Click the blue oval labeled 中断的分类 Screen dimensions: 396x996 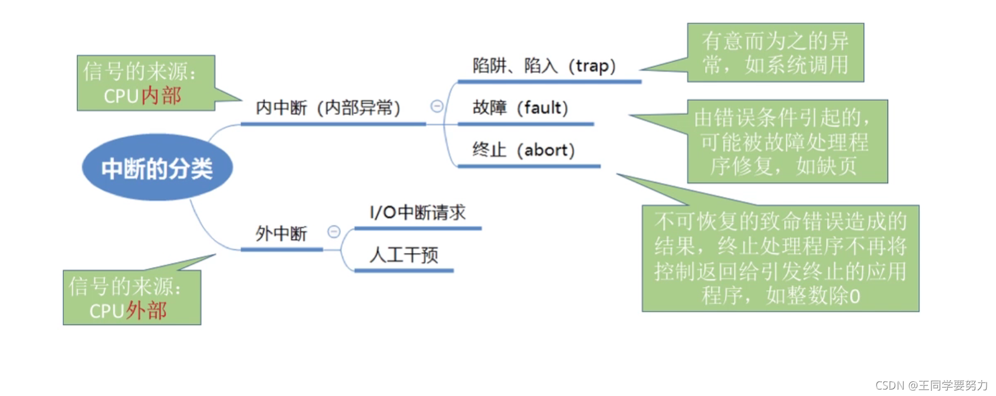(x=157, y=168)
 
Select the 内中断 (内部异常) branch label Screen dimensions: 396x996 (x=328, y=108)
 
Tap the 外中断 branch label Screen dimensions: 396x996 (x=281, y=233)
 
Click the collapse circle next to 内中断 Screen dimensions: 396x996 (x=437, y=106)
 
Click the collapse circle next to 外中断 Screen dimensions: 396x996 (x=334, y=232)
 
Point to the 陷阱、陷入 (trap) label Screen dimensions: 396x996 (x=544, y=66)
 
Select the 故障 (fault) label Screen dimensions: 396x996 (x=520, y=108)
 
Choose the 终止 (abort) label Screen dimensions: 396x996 (x=523, y=150)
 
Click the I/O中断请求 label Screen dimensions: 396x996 (x=418, y=212)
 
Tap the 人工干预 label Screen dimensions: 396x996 (x=404, y=255)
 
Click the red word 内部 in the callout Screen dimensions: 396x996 (x=161, y=96)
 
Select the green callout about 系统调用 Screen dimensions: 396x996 (x=775, y=53)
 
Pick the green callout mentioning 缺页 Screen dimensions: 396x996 (x=787, y=141)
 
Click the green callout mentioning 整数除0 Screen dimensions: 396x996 (x=780, y=258)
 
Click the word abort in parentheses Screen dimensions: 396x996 (x=546, y=150)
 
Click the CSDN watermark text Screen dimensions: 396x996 (x=931, y=385)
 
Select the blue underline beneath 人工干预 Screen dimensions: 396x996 (x=404, y=270)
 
